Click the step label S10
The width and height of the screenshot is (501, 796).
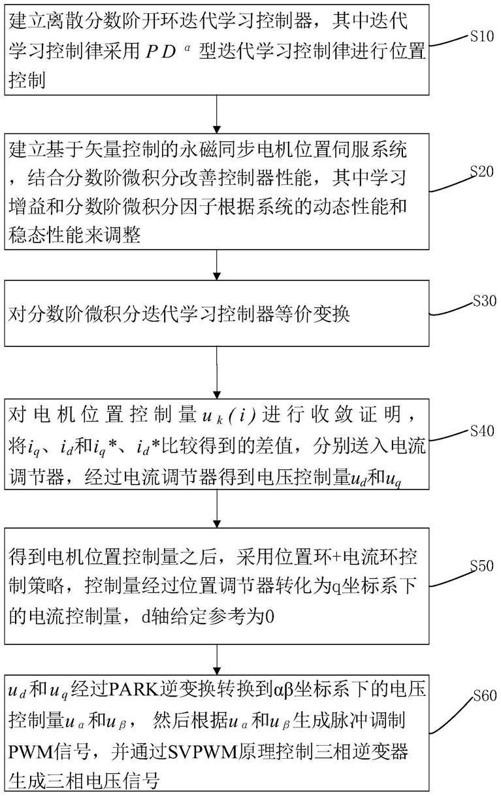(x=481, y=37)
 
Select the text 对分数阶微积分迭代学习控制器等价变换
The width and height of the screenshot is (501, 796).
(x=180, y=316)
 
